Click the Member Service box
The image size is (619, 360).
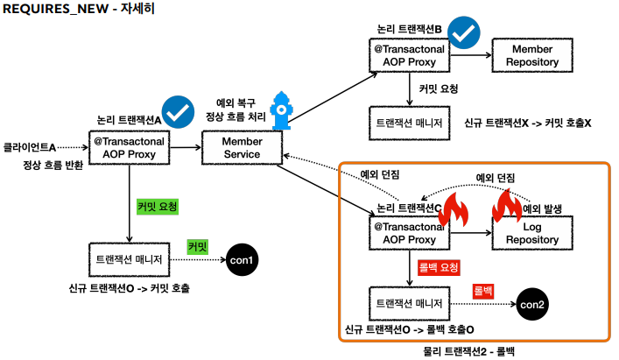pos(242,148)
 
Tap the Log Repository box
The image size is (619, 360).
pos(524,234)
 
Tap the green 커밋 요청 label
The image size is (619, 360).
pos(158,207)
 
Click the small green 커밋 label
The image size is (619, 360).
pos(198,248)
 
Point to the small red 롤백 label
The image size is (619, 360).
pos(483,289)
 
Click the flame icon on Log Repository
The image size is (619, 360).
pos(508,209)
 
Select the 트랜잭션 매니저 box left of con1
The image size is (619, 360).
pos(129,260)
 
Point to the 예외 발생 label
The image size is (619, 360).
pos(545,209)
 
